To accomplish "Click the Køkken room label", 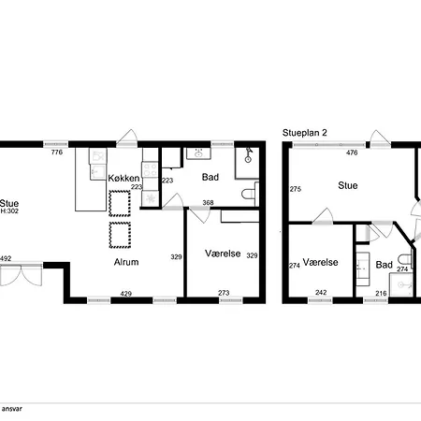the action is tap(123, 179).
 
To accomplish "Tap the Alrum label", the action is tap(126, 262).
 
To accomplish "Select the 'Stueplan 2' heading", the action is tap(305, 133).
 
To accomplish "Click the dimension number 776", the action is tap(57, 152).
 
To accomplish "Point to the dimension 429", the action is tap(126, 294).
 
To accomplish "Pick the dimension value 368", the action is tap(208, 203).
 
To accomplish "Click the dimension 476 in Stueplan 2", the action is tap(352, 152).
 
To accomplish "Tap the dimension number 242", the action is tap(321, 293).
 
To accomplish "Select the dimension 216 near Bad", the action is tap(381, 293).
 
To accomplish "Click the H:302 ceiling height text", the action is tap(9, 211).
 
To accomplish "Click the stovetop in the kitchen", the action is tap(151, 170).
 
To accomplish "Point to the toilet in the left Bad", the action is tap(250, 195).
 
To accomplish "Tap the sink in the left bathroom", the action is tap(198, 153).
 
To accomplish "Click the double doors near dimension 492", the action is tap(22, 274).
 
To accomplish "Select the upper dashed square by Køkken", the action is tap(120, 203).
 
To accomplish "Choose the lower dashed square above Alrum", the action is tap(120, 235).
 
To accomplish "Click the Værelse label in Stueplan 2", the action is tap(321, 262).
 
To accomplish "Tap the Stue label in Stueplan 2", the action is tap(348, 185).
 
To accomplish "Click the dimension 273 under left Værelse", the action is tap(224, 293).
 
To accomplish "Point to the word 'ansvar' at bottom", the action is tap(12, 409).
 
